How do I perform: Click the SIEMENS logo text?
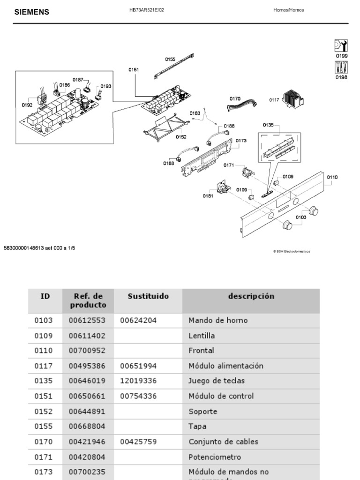coord(32,12)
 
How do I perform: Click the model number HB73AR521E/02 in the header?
coord(147,10)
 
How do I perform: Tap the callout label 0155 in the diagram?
coord(170,60)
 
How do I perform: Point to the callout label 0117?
coord(274,99)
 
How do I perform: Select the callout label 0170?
coord(235,99)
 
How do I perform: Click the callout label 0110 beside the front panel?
coord(332,177)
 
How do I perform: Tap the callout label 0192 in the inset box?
coord(27,105)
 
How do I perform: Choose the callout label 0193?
coord(106,86)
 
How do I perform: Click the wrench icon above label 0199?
coord(341,45)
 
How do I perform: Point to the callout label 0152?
coord(181,137)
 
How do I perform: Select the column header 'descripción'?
coord(251,296)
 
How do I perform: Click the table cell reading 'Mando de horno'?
coord(217,321)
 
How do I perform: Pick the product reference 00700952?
coord(87,351)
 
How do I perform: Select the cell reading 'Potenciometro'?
coord(215,457)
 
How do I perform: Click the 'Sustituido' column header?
coord(148,296)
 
